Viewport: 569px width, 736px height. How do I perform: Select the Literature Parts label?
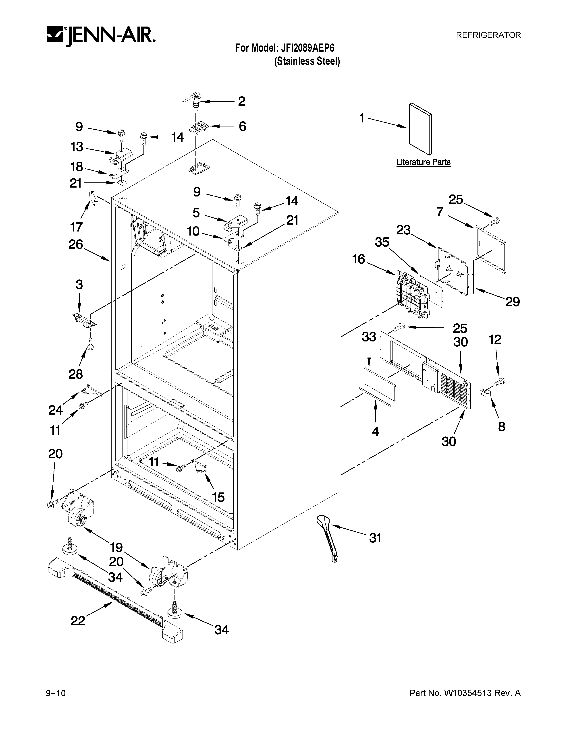(423, 162)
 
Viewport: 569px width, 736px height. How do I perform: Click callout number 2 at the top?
(241, 101)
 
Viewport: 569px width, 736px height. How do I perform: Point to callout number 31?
(375, 538)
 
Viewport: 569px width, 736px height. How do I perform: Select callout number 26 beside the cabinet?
(75, 244)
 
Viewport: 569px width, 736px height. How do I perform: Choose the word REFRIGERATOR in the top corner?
(488, 35)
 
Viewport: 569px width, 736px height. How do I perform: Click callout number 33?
(369, 336)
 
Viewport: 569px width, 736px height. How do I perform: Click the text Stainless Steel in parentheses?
(307, 62)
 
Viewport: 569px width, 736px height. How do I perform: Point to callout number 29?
(512, 302)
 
